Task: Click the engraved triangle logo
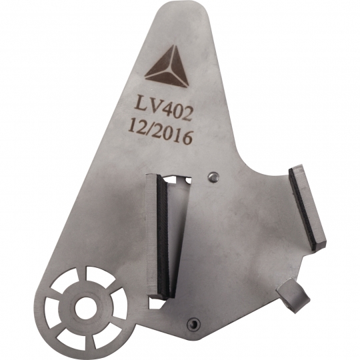tap(167, 68)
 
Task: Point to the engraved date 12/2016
tap(160, 134)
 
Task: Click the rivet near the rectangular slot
tap(213, 177)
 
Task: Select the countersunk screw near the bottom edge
tap(194, 323)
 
